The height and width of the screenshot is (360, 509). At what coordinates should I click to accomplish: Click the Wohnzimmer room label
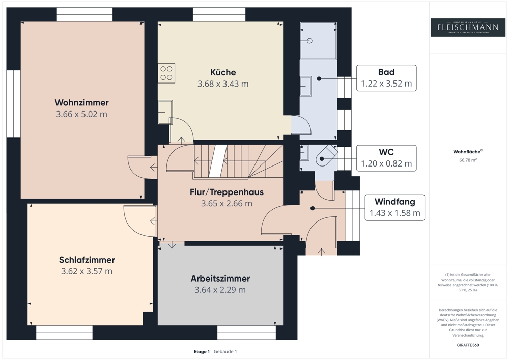click(x=81, y=103)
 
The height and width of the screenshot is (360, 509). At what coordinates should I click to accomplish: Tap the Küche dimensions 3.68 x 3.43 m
click(x=223, y=84)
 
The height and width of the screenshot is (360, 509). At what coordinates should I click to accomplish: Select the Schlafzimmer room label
click(x=87, y=260)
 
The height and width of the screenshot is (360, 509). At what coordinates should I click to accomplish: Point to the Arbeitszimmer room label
click(x=220, y=279)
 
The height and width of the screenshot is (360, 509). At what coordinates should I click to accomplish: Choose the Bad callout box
click(x=386, y=78)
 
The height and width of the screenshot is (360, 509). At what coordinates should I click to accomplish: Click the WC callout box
click(x=386, y=158)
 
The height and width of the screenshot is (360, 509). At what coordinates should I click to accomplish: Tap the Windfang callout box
click(x=394, y=207)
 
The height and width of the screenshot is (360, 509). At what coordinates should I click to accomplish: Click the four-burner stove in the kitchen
click(x=166, y=73)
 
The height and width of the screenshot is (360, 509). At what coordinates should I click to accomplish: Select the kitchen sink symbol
click(x=165, y=112)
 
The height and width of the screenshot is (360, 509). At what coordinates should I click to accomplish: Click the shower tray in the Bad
click(x=318, y=40)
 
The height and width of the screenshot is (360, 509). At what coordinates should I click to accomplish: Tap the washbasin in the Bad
click(x=305, y=86)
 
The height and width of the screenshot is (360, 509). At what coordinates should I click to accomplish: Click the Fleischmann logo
click(x=468, y=27)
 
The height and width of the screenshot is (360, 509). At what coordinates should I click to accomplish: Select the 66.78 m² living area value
click(x=468, y=160)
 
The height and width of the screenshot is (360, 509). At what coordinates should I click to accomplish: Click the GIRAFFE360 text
click(x=468, y=345)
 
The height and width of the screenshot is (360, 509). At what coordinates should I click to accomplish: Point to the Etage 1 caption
click(x=202, y=351)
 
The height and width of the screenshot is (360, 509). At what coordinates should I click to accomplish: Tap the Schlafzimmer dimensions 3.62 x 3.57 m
click(x=87, y=271)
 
